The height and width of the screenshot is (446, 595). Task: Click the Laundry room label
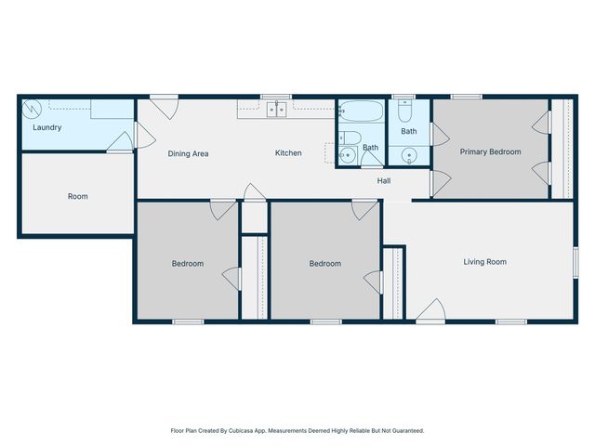[x=46, y=127]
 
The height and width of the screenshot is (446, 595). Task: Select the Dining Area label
[x=187, y=153]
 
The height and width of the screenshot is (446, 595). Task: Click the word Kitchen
[x=288, y=153]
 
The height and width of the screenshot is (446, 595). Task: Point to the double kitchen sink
[x=276, y=110]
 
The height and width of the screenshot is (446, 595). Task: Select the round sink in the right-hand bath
[x=410, y=154]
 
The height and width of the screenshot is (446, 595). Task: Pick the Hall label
[x=383, y=181]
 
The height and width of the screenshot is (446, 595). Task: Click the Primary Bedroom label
[x=490, y=151]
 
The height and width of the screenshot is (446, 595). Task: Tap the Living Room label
[x=484, y=262]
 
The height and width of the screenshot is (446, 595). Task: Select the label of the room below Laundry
[x=77, y=196]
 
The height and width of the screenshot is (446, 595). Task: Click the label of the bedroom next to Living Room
[x=324, y=264]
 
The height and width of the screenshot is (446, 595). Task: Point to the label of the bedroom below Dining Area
[x=187, y=264]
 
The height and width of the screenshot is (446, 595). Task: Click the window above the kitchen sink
[x=275, y=96]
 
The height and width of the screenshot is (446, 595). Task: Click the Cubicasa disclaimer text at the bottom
[x=297, y=430]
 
